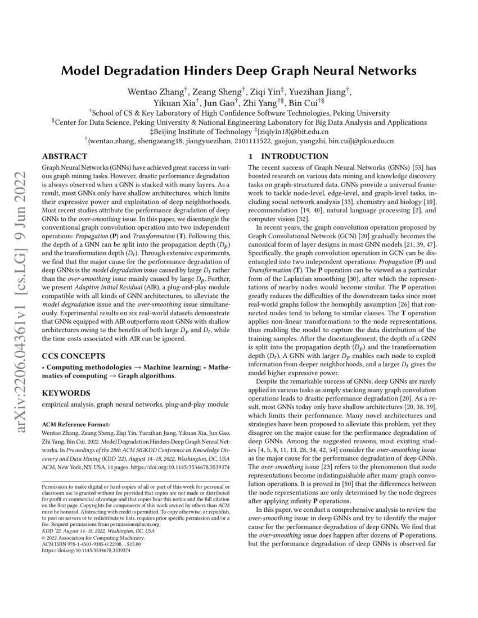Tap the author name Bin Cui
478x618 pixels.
304,103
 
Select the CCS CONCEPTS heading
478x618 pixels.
74,356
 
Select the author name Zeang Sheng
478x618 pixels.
213,91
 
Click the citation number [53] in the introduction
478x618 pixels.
422,167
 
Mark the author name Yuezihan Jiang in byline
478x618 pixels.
319,91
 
